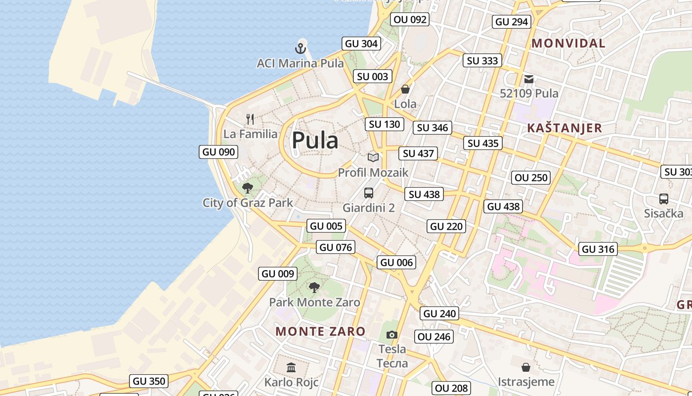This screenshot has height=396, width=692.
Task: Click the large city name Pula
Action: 315,141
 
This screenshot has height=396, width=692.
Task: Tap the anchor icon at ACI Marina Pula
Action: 300,49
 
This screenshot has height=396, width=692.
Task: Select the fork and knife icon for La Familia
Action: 250,119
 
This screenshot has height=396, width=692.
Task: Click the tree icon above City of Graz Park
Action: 248,188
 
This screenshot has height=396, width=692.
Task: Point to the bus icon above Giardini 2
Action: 369,193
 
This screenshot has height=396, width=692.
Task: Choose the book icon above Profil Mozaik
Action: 373,158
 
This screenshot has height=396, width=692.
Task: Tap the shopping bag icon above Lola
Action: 405,89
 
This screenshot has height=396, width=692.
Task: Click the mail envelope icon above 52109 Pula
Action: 529,79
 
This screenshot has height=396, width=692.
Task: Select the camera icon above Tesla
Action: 392,335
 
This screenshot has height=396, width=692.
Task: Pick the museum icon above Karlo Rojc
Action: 291,368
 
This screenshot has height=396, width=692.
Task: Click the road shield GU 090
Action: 218,152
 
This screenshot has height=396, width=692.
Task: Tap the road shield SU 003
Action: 373,76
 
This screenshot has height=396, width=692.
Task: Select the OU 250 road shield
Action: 531,178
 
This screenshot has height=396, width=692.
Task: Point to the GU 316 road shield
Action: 598,249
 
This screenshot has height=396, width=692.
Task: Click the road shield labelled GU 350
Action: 149,381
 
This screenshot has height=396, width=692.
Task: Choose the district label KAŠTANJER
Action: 564,128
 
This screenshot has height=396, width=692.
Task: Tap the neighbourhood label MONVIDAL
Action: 568,44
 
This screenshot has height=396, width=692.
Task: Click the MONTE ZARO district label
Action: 320,332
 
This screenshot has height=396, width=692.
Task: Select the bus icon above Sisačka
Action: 664,199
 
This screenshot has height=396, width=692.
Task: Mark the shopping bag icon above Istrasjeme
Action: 526,367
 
